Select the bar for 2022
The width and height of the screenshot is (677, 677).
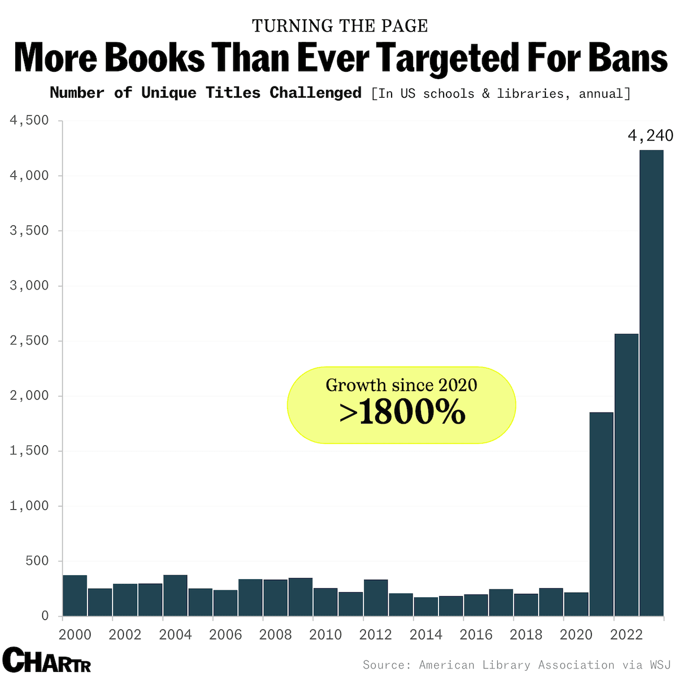626,475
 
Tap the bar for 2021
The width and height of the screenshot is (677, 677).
601,514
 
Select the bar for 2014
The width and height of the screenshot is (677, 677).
426,606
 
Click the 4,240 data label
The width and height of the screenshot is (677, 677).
650,136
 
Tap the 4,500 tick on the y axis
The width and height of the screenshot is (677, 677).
29,120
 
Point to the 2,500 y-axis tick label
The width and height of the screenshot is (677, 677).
29,341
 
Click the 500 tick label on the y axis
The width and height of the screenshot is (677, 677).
37,561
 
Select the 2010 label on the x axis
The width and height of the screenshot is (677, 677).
326,635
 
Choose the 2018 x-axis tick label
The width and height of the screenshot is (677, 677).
526,635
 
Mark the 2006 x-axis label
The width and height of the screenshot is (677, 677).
225,635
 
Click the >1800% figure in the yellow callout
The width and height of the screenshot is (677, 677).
402,413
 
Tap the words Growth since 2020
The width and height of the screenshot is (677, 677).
401,385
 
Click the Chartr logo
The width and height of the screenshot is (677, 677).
46,660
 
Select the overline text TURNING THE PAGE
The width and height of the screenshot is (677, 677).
340,26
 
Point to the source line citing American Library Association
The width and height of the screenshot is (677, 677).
516,665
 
